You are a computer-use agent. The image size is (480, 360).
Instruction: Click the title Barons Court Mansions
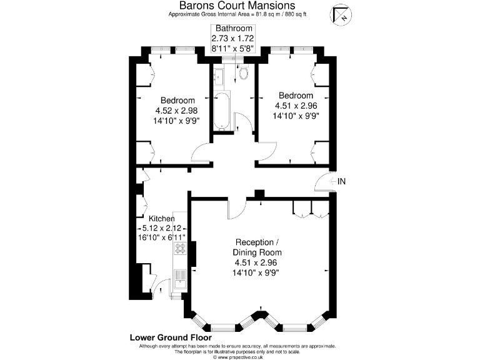pos(234,5)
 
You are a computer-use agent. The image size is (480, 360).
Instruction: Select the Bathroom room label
pos(234,29)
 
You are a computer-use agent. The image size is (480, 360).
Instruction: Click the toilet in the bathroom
pos(243,74)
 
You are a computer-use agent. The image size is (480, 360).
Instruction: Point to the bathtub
pos(221,111)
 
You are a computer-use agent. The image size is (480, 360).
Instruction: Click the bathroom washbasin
pos(218,77)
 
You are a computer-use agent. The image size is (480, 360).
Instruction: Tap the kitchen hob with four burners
pos(181,249)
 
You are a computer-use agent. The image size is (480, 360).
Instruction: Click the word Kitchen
pos(161,219)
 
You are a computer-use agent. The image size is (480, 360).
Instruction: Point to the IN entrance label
pos(341,181)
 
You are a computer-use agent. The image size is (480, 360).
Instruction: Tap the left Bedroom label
pos(177,100)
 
